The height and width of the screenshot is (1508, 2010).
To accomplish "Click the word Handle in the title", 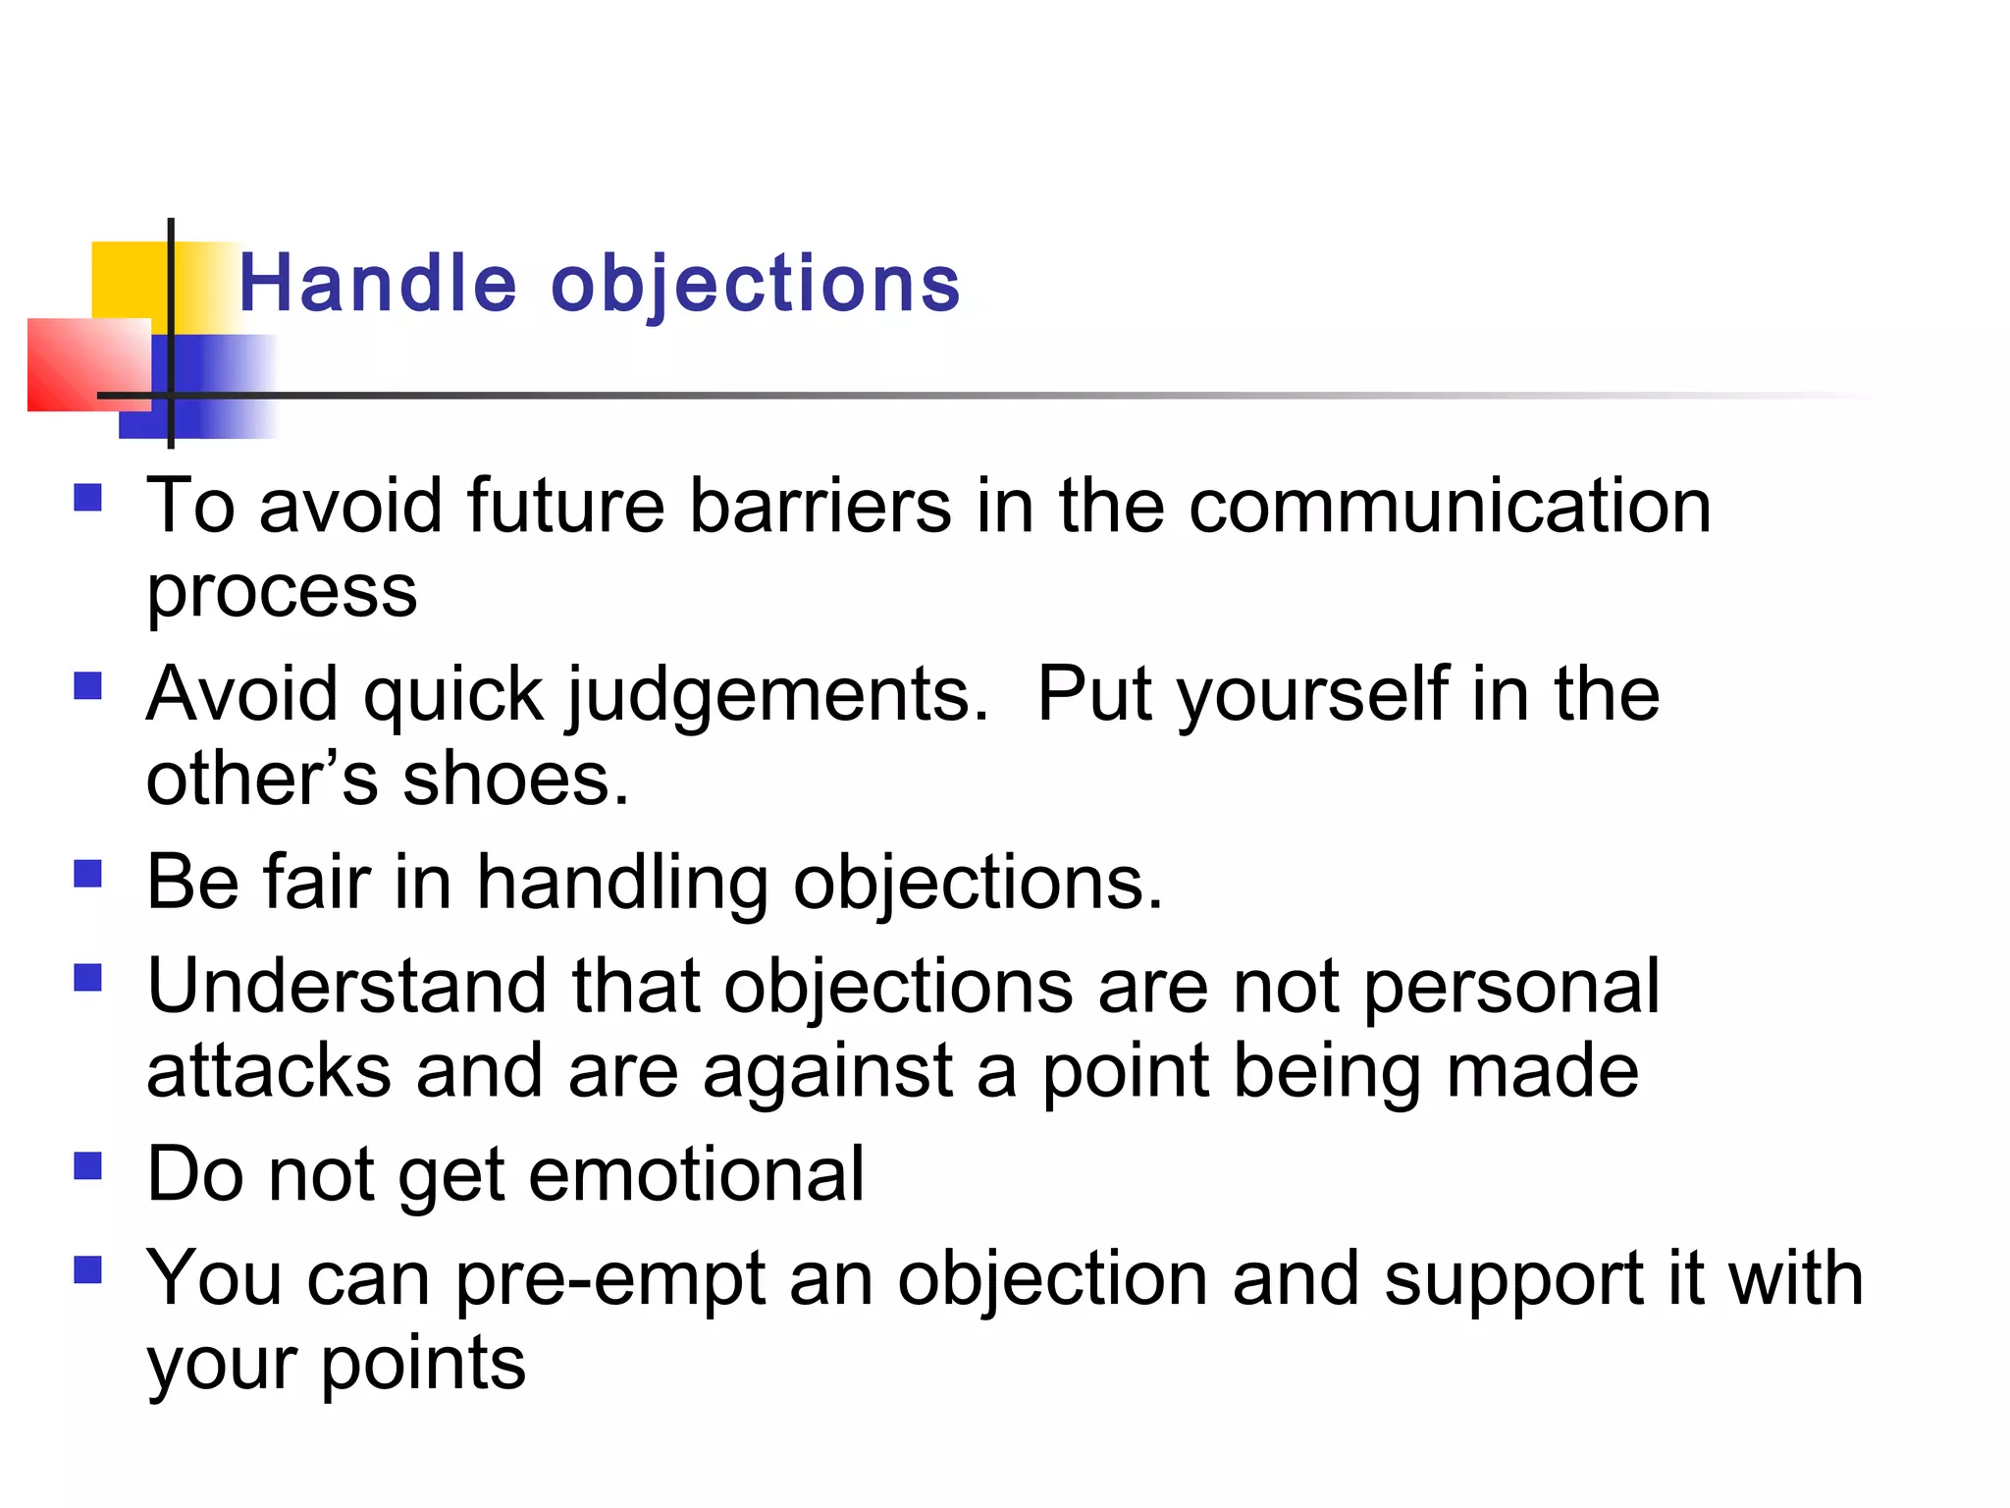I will pos(377,285).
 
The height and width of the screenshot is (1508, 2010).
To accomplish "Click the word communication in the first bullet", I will pos(1450,507).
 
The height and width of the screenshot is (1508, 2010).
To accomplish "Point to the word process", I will pos(282,593).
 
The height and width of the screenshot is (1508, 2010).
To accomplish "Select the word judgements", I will pos(775,695).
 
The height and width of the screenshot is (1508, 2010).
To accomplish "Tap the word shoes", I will pos(515,780).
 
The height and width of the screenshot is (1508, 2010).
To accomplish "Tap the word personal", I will pos(1511,988).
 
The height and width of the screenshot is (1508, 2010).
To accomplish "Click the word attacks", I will pos(268,1071).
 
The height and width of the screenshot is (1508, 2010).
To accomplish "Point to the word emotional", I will pos(697,1174).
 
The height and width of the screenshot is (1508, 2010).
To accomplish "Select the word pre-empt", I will pos(609,1280).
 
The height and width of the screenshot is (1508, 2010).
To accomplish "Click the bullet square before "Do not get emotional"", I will pos(88,1165).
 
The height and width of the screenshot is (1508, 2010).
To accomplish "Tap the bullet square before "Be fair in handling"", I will pos(88,873).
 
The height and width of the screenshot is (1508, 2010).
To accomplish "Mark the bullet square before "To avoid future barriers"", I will pos(88,498).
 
